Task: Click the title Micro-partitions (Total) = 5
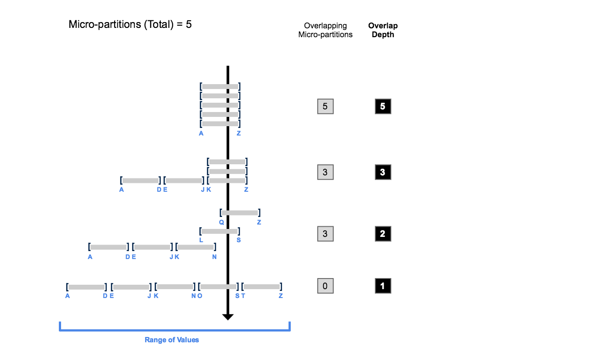130,24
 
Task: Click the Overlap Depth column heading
383,30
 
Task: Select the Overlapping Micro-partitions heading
325,30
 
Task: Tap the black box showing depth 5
383,107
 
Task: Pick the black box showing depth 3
383,172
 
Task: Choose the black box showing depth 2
383,234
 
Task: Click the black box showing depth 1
383,286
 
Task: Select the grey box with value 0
325,286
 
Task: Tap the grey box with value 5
325,107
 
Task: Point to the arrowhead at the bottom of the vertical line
228,317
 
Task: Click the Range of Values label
172,340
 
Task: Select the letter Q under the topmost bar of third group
221,222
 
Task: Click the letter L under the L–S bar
201,240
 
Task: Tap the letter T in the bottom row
243,296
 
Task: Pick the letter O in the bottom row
200,296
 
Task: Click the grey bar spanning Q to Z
239,213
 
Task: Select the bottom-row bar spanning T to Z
261,287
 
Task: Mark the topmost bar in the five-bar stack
220,86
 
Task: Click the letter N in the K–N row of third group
214,257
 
